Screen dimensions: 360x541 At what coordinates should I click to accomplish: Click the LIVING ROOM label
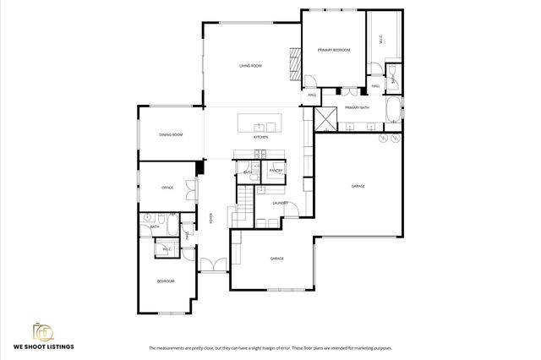[x=250, y=65]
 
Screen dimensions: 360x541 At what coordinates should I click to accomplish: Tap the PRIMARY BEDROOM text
[x=334, y=51]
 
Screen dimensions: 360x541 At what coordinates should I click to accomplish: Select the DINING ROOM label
[x=171, y=134]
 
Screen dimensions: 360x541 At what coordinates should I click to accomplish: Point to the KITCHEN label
[x=261, y=137]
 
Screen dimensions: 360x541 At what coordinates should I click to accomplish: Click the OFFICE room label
[x=167, y=187]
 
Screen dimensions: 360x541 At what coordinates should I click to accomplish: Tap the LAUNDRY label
[x=281, y=203]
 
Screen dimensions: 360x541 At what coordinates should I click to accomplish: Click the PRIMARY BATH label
[x=357, y=108]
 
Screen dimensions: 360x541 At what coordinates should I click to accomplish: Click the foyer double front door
[x=215, y=264]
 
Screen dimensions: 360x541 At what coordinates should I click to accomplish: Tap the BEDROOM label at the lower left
[x=165, y=281]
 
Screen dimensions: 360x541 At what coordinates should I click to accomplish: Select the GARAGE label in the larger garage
[x=358, y=186]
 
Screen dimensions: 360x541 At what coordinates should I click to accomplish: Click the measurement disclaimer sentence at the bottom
[x=270, y=347]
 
